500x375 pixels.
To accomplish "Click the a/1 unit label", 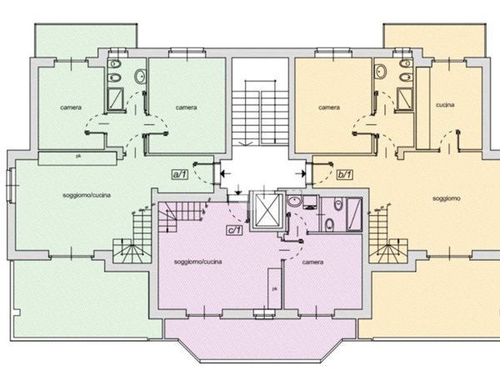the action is (180, 174).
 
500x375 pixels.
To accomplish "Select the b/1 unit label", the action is (345, 174).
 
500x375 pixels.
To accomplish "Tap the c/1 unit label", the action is (234, 230).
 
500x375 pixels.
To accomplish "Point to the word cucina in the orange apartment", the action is (445, 105).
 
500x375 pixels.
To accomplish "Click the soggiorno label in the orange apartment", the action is (447, 198).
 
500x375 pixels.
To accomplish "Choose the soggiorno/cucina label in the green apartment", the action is (87, 195).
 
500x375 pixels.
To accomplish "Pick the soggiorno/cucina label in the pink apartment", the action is (198, 262).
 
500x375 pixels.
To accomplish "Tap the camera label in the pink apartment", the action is (312, 262).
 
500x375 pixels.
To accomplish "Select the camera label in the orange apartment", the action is (329, 107).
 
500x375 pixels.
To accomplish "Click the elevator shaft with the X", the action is (267, 210).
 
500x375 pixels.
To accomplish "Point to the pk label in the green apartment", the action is (78, 157).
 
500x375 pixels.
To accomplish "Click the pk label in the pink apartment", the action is (274, 289).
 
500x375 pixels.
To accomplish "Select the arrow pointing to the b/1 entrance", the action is (300, 174).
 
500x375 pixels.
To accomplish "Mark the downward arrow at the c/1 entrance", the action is (238, 189).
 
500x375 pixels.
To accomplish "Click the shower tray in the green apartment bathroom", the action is (116, 99).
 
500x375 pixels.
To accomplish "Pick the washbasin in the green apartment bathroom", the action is (140, 77).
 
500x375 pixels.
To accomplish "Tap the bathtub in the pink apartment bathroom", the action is (354, 213).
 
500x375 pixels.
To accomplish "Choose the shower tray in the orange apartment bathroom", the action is (405, 99).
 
